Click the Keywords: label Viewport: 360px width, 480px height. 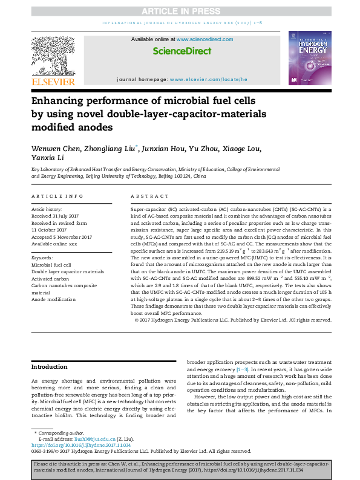coord(42,258)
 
